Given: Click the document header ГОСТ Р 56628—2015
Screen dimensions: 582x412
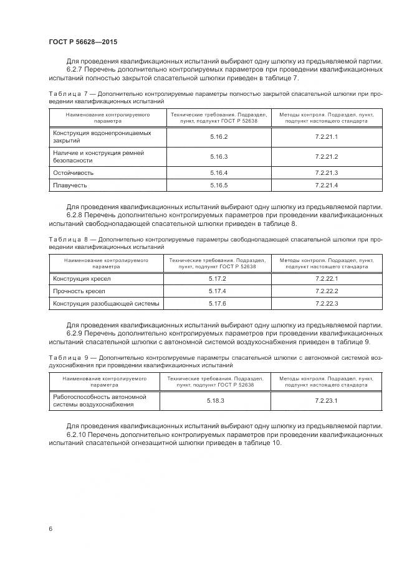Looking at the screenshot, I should point(83,41).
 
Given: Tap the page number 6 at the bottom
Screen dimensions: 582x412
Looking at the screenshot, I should point(50,528).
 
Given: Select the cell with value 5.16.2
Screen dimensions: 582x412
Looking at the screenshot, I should point(219,136).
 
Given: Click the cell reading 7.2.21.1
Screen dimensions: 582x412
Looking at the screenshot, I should point(326,136).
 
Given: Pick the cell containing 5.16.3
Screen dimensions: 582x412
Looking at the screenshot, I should point(219,156).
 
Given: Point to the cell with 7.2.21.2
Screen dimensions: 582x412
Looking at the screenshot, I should point(326,156).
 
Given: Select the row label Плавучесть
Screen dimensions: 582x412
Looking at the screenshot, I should point(70,185).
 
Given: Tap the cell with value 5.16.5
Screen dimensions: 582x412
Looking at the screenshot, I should point(219,185).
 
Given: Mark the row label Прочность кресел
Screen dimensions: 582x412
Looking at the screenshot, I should point(79,291).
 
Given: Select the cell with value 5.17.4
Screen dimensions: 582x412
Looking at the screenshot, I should point(217,291).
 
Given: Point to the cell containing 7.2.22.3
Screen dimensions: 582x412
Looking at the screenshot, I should point(327,303).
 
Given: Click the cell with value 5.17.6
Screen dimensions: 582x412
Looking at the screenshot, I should point(217,303).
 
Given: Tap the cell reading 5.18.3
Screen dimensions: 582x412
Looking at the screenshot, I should point(216,400).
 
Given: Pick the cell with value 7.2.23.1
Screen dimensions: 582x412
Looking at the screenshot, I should point(326,400).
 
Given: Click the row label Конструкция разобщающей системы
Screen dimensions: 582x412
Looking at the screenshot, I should point(106,303).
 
